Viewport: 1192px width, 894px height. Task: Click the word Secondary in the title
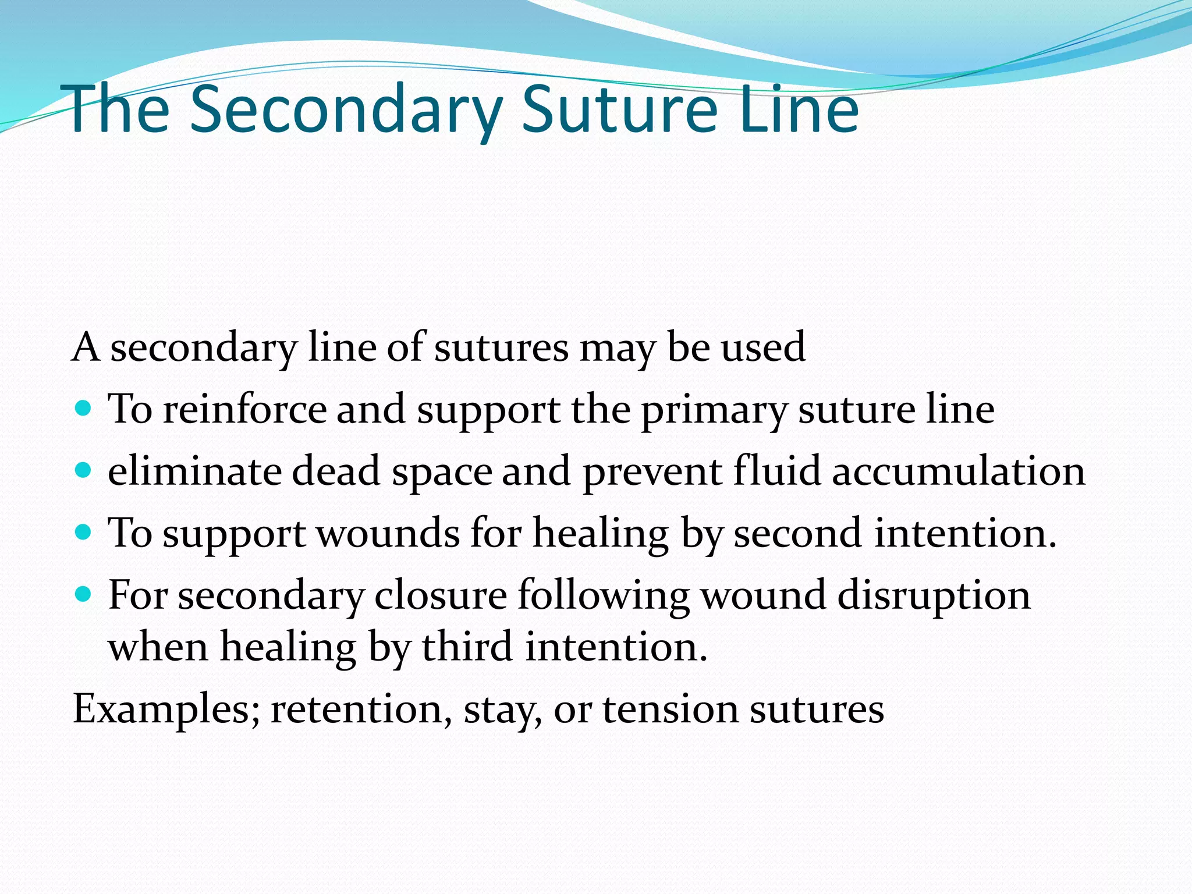click(346, 109)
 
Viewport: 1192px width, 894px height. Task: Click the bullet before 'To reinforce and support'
click(84, 408)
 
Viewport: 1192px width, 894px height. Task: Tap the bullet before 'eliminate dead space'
click(84, 470)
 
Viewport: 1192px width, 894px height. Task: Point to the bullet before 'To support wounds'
click(84, 531)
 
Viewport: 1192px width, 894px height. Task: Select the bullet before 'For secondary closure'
click(84, 594)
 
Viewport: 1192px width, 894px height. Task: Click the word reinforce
click(244, 409)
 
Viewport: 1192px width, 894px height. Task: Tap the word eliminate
click(194, 471)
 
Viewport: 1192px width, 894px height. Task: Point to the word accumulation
click(958, 471)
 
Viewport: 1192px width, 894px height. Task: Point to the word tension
click(670, 710)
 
